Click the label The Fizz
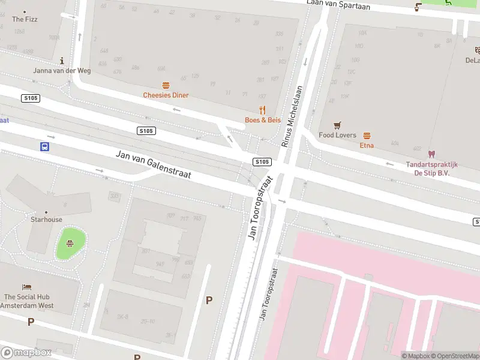(25, 19)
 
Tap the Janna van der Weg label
(62, 70)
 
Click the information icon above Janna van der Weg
(62, 61)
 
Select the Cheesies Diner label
(166, 95)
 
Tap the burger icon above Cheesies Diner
(166, 86)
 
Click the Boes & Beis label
(262, 120)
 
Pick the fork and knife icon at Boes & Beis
(262, 110)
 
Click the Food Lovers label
(337, 136)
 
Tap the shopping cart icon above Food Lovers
(337, 125)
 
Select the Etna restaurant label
(367, 145)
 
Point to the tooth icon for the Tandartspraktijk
(431, 154)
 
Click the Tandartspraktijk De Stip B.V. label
(431, 169)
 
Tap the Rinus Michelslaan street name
(293, 116)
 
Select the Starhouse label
(46, 220)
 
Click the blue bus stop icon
(45, 146)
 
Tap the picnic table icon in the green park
(70, 243)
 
